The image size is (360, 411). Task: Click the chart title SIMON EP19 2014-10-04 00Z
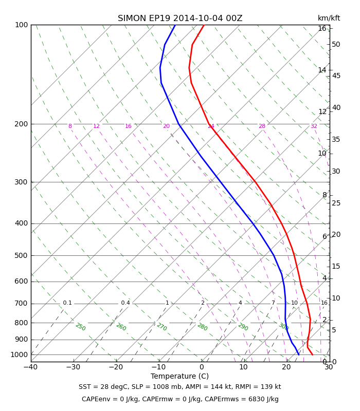pos(180,18)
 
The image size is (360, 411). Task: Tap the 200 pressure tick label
pos(21,124)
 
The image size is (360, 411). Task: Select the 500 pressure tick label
pos(21,255)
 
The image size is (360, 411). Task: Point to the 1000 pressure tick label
pos(19,354)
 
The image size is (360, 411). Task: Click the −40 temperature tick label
pos(31,367)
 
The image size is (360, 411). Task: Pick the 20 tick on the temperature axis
pos(286,367)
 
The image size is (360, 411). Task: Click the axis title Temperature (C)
pos(179,377)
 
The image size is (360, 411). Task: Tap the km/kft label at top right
pos(329,18)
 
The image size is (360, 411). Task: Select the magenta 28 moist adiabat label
pos(262,126)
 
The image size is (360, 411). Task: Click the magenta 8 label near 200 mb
pos(70,126)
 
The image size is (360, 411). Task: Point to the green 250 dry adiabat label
pos(81,327)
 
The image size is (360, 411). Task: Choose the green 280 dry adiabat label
pos(203,327)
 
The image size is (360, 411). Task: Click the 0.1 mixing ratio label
pos(67,303)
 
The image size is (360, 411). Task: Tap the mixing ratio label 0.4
pos(125,303)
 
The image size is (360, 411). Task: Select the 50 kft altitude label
pos(336,45)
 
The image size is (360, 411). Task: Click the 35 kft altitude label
pos(336,139)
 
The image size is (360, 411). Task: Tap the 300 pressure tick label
pos(21,182)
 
